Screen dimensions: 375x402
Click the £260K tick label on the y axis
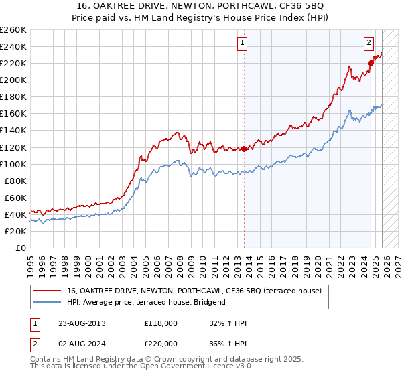(x=13, y=30)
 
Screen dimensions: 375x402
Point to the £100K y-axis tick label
(x=13, y=164)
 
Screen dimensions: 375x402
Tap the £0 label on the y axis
(x=21, y=248)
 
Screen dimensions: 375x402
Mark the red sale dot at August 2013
(x=244, y=149)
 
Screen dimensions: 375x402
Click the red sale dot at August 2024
(x=370, y=63)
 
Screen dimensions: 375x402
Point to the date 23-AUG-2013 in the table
(x=81, y=323)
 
